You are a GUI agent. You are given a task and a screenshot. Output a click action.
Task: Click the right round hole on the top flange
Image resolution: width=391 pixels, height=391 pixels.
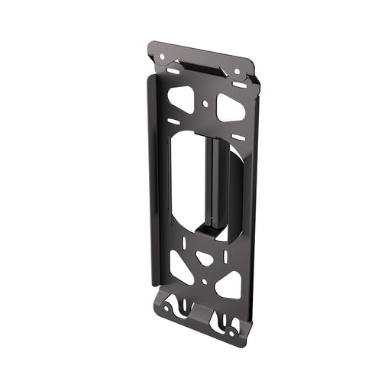click(x=236, y=72)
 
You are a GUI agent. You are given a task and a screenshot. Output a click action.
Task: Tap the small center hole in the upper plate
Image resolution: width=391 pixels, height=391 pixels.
click(x=205, y=102)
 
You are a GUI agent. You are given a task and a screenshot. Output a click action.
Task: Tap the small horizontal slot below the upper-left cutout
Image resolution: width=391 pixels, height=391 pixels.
click(x=175, y=121)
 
